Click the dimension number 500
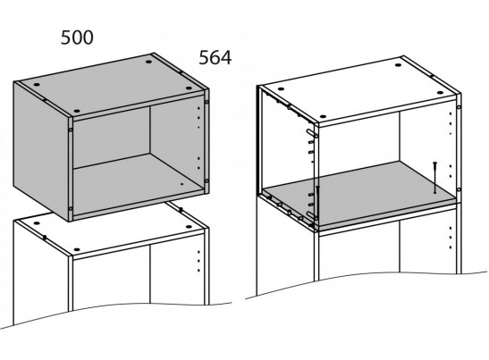pyautogui.click(x=77, y=38)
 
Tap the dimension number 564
pyautogui.click(x=215, y=58)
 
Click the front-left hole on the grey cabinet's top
pyautogui.click(x=77, y=111)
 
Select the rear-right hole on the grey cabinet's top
pyautogui.click(x=148, y=62)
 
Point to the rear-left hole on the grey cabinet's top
pyautogui.click(x=37, y=85)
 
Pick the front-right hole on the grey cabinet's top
pyautogui.click(x=189, y=88)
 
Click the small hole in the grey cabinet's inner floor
pyautogui.click(x=182, y=184)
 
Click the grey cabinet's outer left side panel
pyautogui.click(x=40, y=149)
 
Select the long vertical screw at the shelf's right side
pyautogui.click(x=434, y=178)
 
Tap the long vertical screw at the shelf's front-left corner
pyautogui.click(x=317, y=205)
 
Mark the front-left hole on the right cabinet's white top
pyautogui.click(x=323, y=116)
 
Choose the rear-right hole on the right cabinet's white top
pyautogui.click(x=398, y=65)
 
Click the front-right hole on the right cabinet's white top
pyautogui.click(x=440, y=93)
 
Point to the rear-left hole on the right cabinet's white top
pyautogui.click(x=281, y=89)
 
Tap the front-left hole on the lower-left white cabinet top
pyautogui.click(x=77, y=249)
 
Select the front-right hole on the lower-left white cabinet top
pyautogui.click(x=189, y=227)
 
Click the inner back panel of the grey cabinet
pyautogui.click(x=112, y=138)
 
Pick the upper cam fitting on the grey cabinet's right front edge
pyautogui.click(x=207, y=102)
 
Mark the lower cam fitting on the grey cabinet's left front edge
pyautogui.click(x=70, y=208)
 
